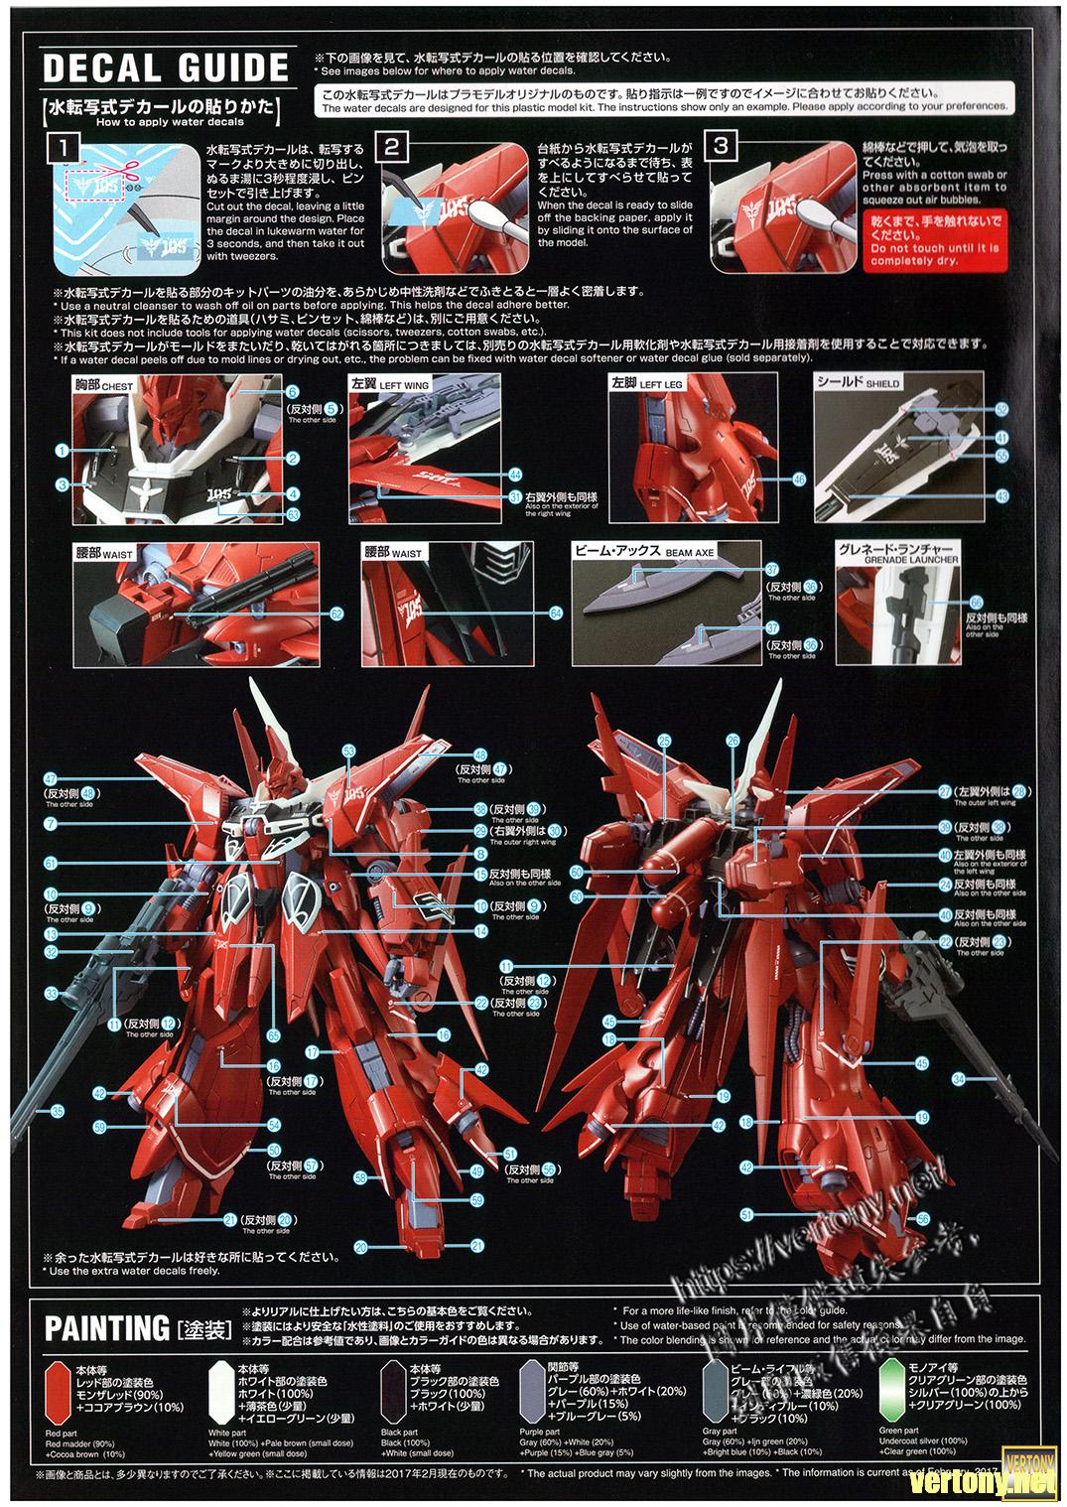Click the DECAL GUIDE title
[166, 67]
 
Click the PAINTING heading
[107, 1328]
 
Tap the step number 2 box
[393, 148]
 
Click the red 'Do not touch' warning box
[935, 239]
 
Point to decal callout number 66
[976, 603]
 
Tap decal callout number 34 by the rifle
[960, 1079]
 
